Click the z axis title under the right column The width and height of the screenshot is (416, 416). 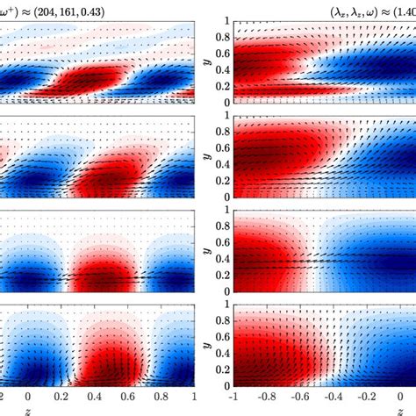(322, 410)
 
